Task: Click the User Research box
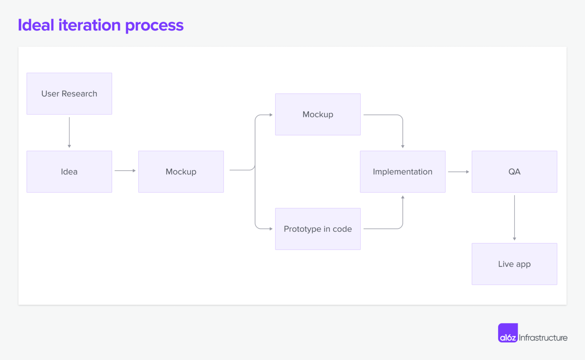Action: (69, 94)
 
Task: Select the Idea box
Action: (69, 172)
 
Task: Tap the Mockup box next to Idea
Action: (181, 172)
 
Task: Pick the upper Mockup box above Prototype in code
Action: (318, 115)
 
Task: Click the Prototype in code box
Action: (318, 229)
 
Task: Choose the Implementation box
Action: (403, 172)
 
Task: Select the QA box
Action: (514, 172)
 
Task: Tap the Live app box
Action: (514, 264)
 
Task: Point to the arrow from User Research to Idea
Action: (69, 132)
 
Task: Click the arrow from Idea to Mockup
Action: (125, 170)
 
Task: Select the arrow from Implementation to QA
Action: (458, 172)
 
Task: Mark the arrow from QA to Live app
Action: (515, 218)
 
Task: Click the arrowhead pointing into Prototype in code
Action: (271, 229)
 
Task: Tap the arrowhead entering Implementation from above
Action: (403, 147)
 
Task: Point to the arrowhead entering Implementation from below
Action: (403, 197)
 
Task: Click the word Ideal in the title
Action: (36, 25)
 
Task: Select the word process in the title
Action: (154, 26)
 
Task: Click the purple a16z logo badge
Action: (508, 333)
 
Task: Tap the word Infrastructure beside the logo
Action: (543, 338)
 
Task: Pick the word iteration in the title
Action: (90, 25)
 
